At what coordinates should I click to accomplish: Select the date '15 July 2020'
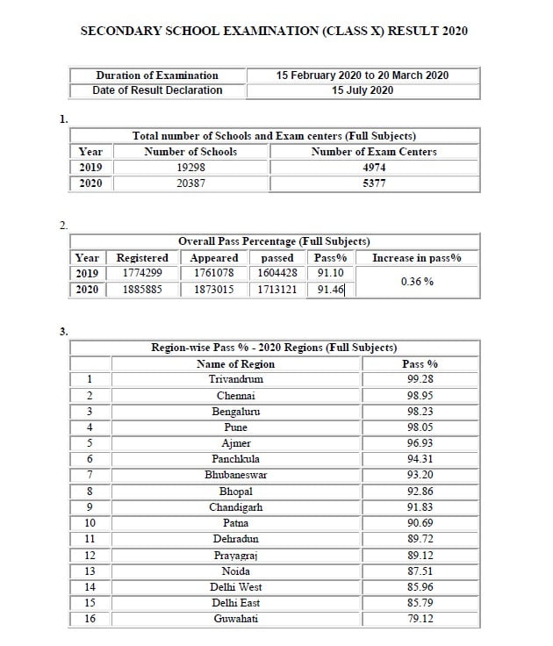point(362,90)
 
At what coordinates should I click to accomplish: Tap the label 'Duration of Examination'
point(157,75)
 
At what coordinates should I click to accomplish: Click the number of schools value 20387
point(191,183)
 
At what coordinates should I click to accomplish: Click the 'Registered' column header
point(142,258)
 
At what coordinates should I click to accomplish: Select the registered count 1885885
point(141,289)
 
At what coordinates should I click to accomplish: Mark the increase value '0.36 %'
point(416,282)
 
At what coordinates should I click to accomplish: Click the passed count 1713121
point(277,289)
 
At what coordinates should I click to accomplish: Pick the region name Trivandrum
point(236,379)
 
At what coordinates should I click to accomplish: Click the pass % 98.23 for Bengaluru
point(420,411)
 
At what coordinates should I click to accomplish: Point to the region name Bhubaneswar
point(236,475)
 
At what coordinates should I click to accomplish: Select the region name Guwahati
point(236,619)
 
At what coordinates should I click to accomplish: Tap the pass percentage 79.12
point(420,619)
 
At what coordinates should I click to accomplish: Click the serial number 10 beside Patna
point(90,523)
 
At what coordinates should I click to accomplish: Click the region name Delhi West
point(236,587)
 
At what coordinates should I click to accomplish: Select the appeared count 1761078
point(214,273)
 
